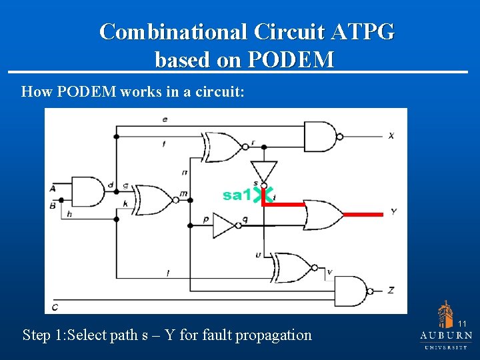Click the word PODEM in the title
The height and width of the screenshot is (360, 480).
pos(291,60)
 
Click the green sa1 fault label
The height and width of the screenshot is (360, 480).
pos(237,195)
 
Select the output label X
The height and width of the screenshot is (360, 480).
pos(391,135)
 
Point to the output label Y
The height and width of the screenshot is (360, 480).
pos(393,212)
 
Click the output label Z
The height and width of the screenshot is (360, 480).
pos(391,290)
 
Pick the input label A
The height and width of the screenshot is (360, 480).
pos(53,189)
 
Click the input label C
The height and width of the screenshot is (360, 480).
pos(54,306)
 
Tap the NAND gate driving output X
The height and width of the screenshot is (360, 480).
pos(321,136)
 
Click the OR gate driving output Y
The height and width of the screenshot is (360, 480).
pos(323,214)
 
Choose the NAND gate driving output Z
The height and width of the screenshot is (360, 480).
pos(351,291)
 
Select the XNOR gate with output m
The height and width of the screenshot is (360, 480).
pos(153,199)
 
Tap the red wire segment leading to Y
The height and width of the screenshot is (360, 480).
pos(364,214)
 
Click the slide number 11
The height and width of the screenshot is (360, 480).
pos(462,324)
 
